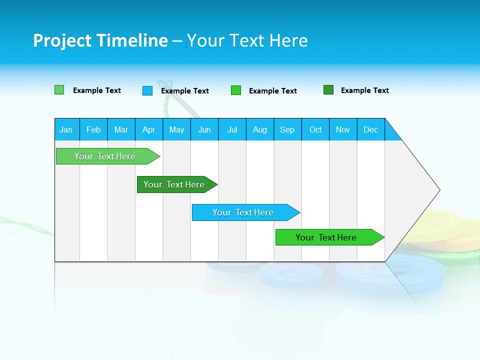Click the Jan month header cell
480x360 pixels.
(x=66, y=129)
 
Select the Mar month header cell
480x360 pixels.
(x=121, y=129)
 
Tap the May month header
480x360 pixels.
(x=176, y=129)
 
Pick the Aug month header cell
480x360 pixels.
(x=259, y=129)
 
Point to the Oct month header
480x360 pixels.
(x=315, y=129)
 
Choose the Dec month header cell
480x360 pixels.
(x=370, y=129)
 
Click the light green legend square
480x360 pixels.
(x=59, y=90)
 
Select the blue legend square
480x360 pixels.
(x=147, y=90)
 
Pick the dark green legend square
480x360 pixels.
(x=328, y=90)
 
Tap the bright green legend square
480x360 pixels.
(x=236, y=90)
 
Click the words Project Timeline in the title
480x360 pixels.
(x=100, y=40)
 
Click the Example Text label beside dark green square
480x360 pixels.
(x=364, y=90)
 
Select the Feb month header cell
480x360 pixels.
(x=93, y=129)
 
